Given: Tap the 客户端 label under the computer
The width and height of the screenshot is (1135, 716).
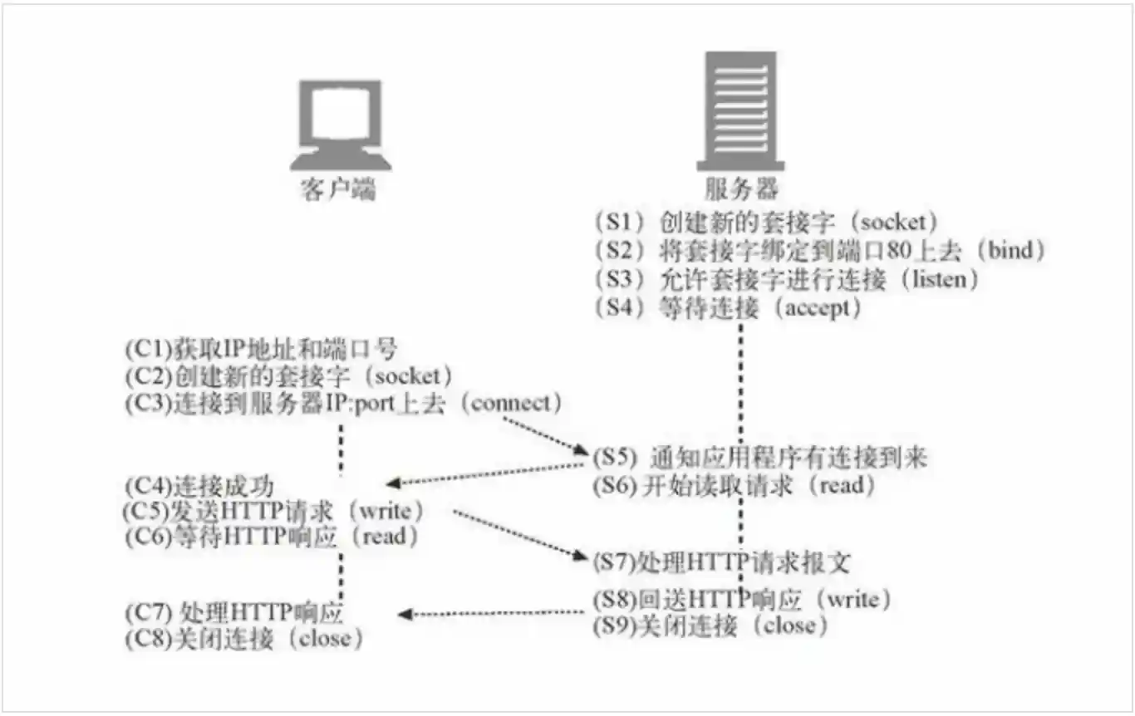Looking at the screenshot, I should pos(337,190).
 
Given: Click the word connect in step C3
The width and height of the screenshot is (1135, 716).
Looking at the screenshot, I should pos(516,404).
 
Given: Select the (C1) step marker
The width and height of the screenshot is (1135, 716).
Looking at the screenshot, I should pos(150,348).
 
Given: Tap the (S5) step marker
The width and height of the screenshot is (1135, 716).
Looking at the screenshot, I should pos(614,458).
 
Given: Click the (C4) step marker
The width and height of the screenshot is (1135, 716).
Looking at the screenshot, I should pos(150,486).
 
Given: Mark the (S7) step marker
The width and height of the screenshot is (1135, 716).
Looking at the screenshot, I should pos(614,562).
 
